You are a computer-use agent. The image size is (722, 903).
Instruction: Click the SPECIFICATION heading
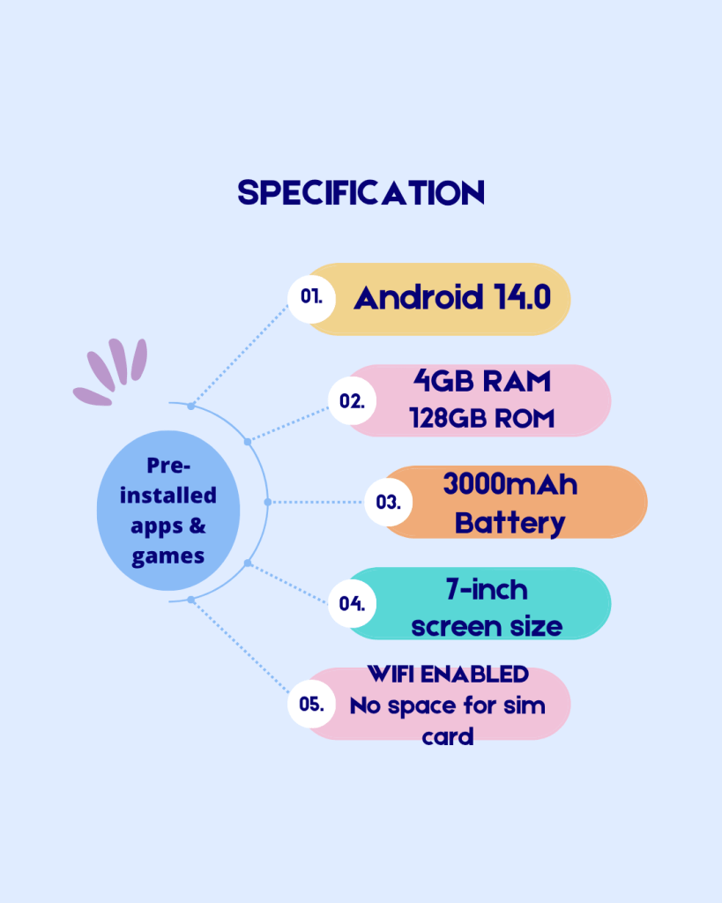tap(361, 192)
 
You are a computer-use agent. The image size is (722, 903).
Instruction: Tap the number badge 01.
tap(311, 298)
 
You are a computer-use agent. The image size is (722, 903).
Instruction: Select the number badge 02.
tap(352, 400)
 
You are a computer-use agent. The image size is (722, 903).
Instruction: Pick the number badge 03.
tap(389, 502)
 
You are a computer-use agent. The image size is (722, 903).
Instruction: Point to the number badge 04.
tap(352, 603)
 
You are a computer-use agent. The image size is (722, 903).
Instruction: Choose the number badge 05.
tap(311, 703)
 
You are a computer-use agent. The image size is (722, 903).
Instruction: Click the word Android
tap(419, 297)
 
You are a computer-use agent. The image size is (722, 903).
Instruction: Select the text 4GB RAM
tap(482, 381)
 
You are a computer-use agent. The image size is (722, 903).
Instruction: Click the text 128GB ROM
tap(482, 419)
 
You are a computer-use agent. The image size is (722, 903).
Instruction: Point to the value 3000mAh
tap(510, 484)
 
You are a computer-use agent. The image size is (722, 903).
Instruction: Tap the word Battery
tap(510, 523)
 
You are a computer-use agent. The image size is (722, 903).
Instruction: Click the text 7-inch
tap(488, 590)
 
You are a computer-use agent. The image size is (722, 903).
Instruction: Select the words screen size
tap(488, 627)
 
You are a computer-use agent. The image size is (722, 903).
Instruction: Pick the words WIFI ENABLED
tap(448, 674)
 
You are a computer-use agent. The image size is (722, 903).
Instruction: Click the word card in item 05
tap(448, 736)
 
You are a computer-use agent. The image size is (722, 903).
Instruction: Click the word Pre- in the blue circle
tap(168, 466)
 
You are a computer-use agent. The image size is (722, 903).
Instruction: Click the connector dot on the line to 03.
tap(268, 502)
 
